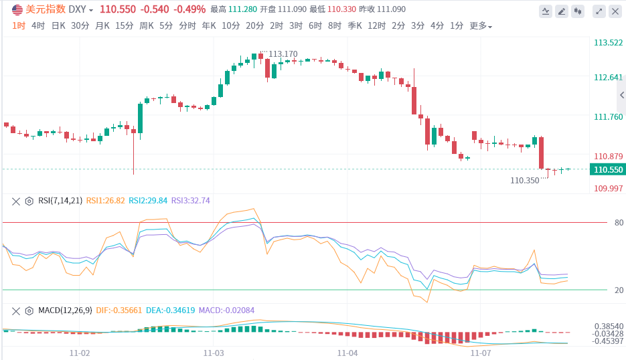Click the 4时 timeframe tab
38,26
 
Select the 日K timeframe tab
58,26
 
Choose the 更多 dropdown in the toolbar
480,26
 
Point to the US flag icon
16,9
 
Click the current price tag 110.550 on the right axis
606,170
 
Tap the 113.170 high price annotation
283,54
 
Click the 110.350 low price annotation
524,180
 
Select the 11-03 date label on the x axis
214,352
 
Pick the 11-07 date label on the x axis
481,352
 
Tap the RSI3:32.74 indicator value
191,200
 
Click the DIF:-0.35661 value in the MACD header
119,310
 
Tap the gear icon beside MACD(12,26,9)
29,310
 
